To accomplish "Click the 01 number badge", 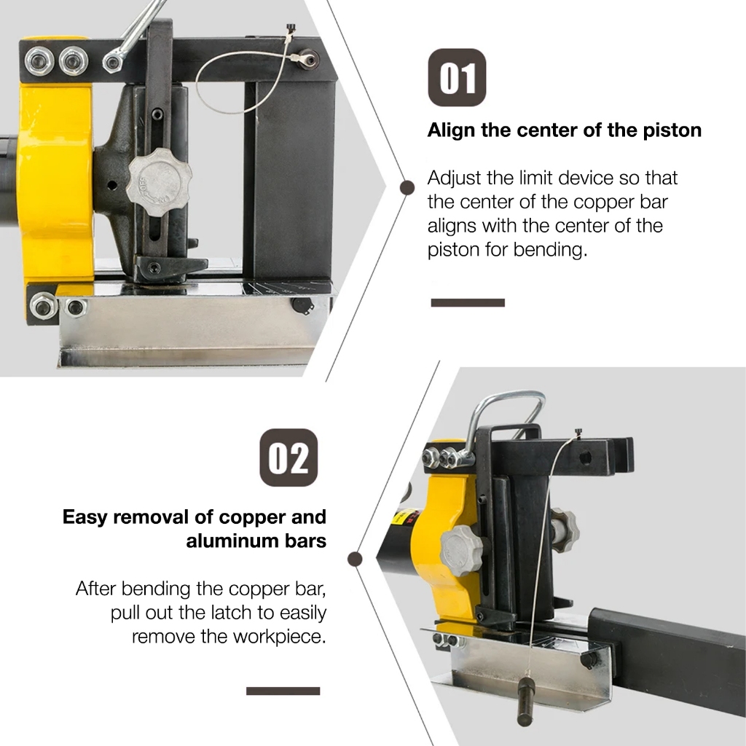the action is click(457, 77).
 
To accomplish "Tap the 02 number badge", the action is click(288, 458).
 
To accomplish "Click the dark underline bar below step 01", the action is click(468, 302).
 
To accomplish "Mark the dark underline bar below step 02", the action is click(283, 691).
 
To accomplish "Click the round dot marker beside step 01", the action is click(407, 187).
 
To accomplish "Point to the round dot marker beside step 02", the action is click(355, 559).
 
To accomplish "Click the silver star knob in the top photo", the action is click(160, 177).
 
